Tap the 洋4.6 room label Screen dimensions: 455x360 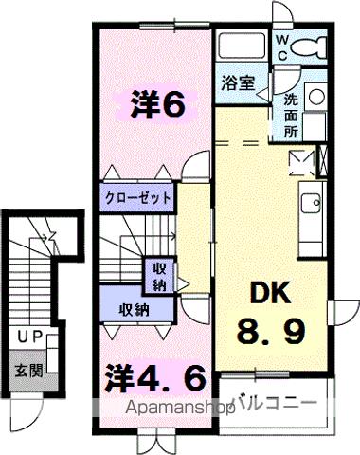[155, 378]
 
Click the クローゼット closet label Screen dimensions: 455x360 [137, 199]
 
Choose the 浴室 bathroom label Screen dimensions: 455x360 [238, 82]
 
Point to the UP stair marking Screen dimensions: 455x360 [27, 336]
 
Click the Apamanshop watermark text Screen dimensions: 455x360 [179, 410]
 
